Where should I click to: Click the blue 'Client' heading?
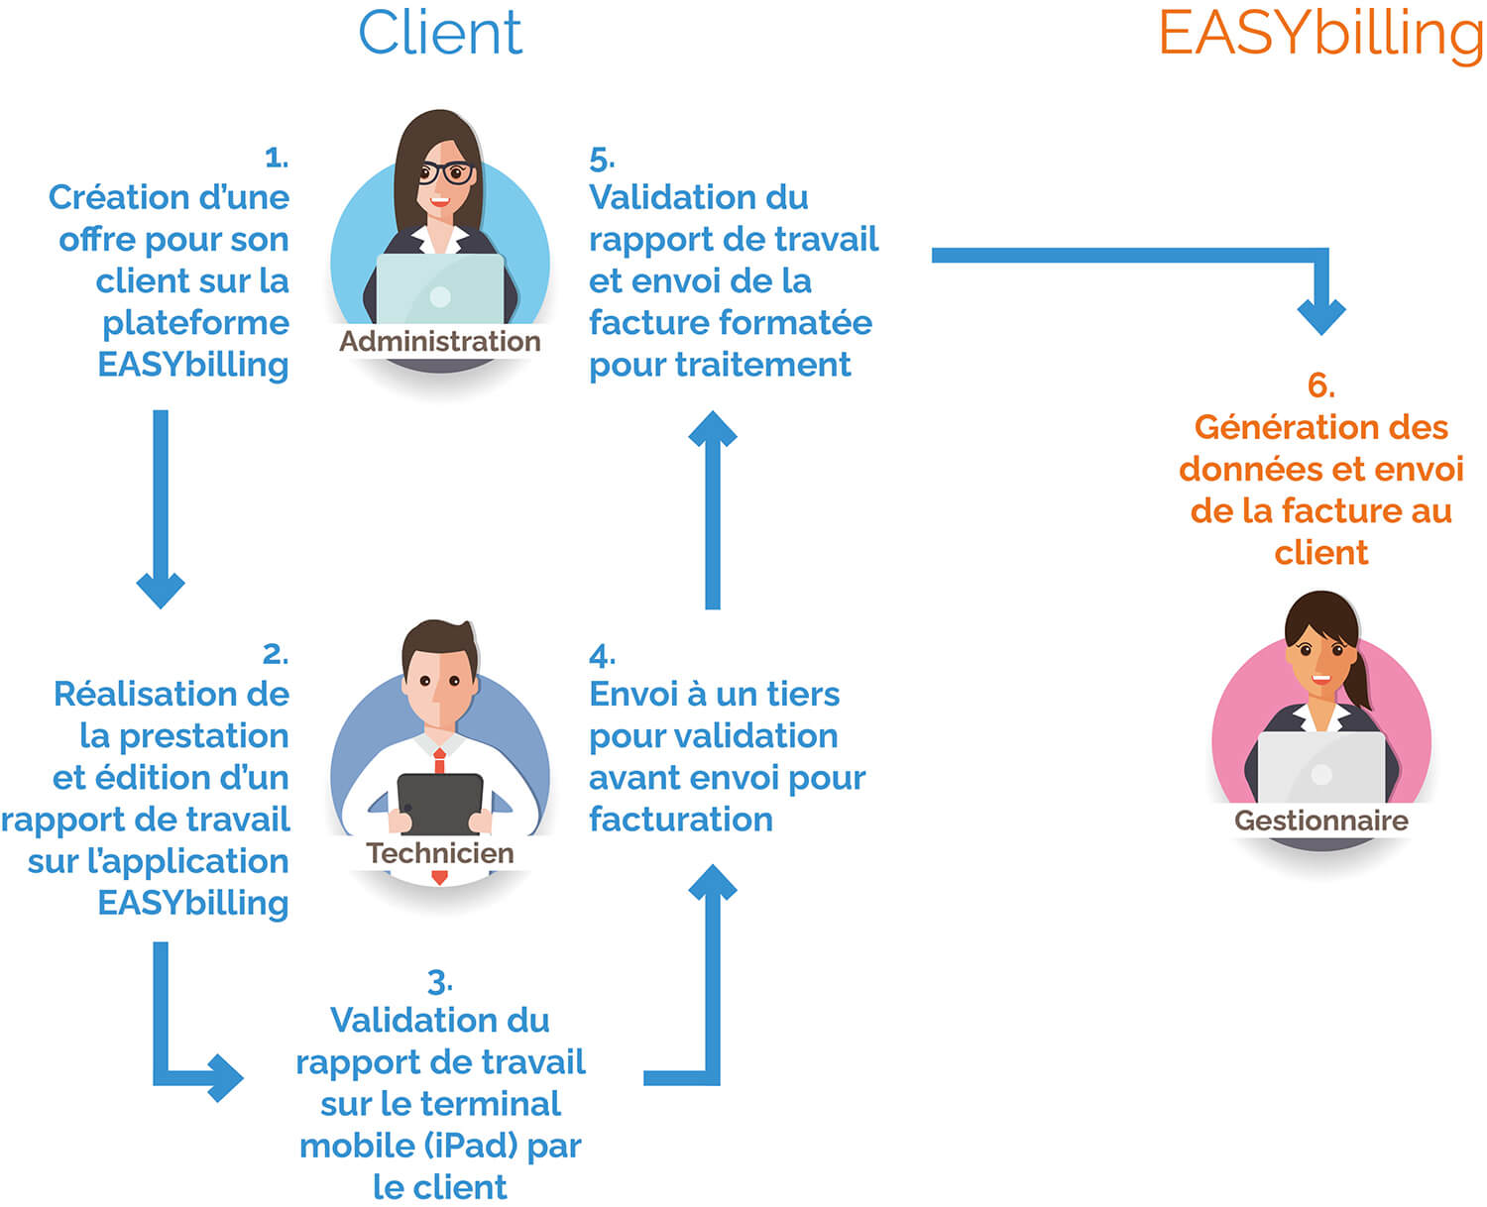click(x=439, y=33)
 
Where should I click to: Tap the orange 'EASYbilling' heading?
click(x=1320, y=35)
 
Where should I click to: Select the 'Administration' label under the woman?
click(x=440, y=341)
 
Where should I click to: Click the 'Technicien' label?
click(x=440, y=852)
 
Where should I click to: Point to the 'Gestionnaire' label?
click(x=1320, y=821)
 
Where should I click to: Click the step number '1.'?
click(x=277, y=157)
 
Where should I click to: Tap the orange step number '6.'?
click(x=1320, y=384)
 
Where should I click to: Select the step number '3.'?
click(x=439, y=982)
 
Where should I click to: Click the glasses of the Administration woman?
click(x=445, y=173)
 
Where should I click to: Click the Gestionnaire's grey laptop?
click(x=1320, y=768)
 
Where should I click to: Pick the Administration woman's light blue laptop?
click(x=440, y=287)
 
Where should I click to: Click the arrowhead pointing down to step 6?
click(x=1321, y=315)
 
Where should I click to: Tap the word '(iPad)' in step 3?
click(x=471, y=1146)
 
